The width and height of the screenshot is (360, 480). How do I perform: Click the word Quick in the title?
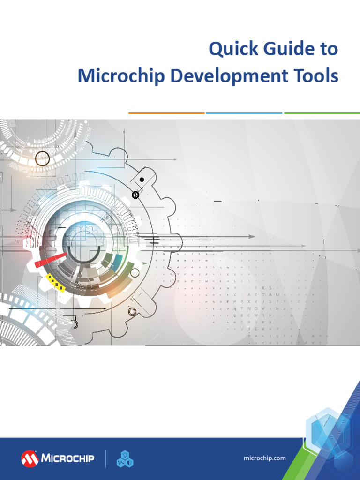click(x=227, y=49)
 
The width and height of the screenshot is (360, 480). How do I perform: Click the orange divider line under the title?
click(x=166, y=113)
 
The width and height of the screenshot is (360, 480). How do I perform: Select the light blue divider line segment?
click(x=244, y=113)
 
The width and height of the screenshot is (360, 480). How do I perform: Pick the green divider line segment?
click(x=322, y=113)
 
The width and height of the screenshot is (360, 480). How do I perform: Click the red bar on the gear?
click(x=51, y=259)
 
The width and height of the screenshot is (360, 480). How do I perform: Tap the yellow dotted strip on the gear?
click(x=55, y=283)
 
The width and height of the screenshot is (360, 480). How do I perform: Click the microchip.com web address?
click(x=265, y=458)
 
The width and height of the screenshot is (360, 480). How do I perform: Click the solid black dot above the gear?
click(x=142, y=180)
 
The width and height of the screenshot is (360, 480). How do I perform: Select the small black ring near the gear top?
click(x=135, y=194)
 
